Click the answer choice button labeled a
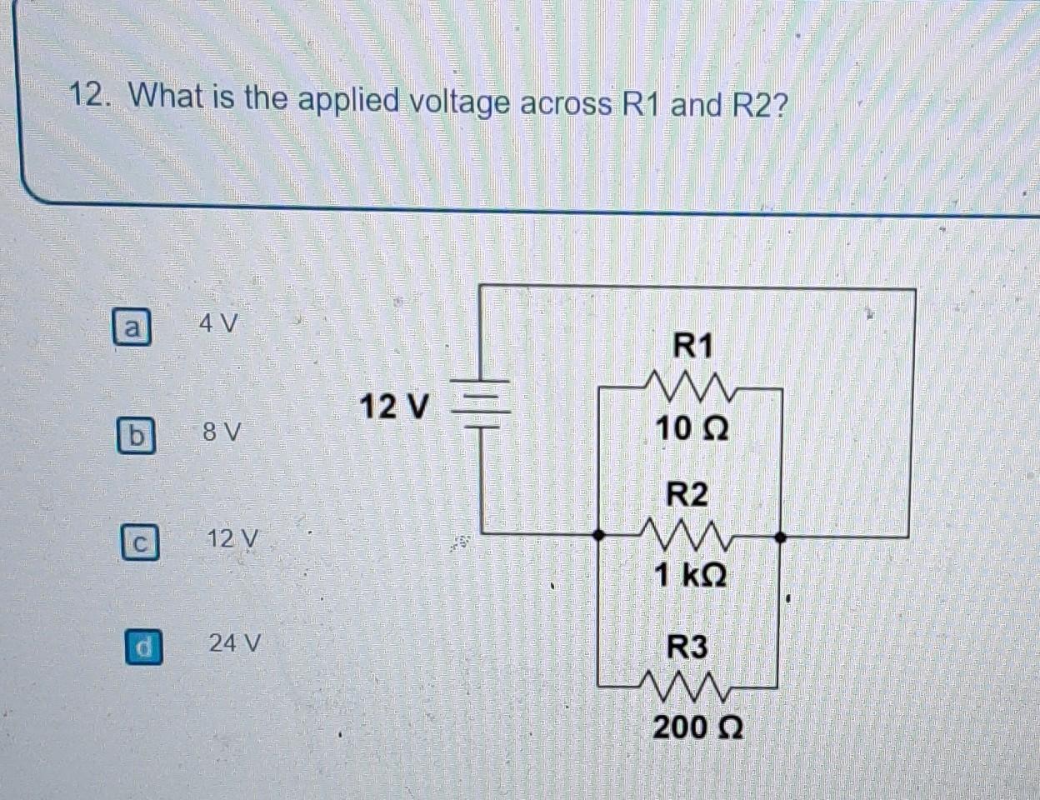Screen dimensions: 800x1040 coord(132,327)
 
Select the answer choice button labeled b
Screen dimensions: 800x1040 coord(136,435)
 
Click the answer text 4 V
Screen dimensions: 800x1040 coord(218,323)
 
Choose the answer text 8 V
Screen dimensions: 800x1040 coord(222,432)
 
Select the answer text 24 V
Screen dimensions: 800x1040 coord(235,643)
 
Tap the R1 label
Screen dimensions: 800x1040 coord(693,344)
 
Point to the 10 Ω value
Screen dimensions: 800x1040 coord(692,429)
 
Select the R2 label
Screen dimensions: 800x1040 coord(687,494)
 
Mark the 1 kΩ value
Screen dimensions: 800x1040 coord(690,574)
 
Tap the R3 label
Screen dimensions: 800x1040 coord(687,647)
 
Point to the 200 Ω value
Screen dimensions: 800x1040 coord(697,727)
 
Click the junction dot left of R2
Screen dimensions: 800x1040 coord(598,535)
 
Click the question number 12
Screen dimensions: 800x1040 coord(89,97)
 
